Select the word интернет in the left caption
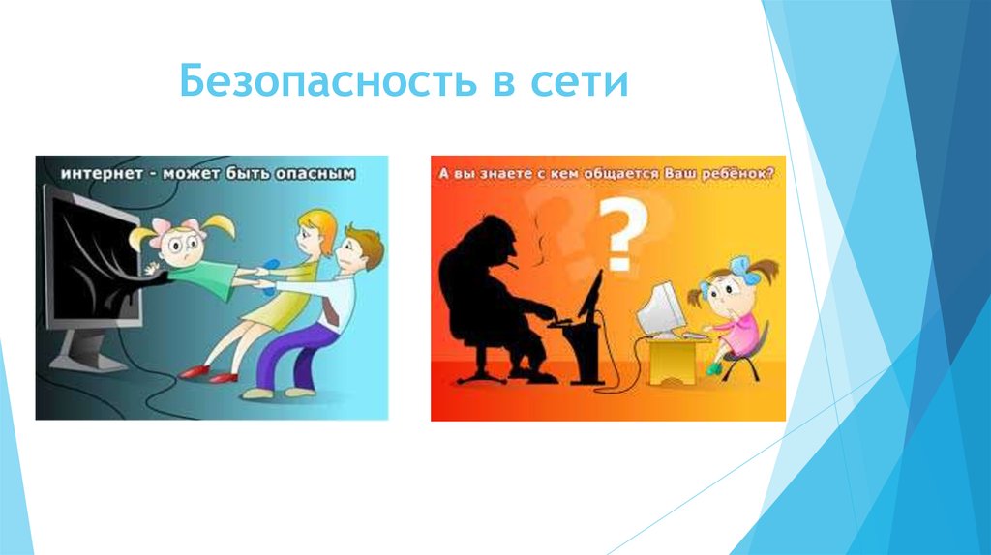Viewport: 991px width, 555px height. tap(97, 175)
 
